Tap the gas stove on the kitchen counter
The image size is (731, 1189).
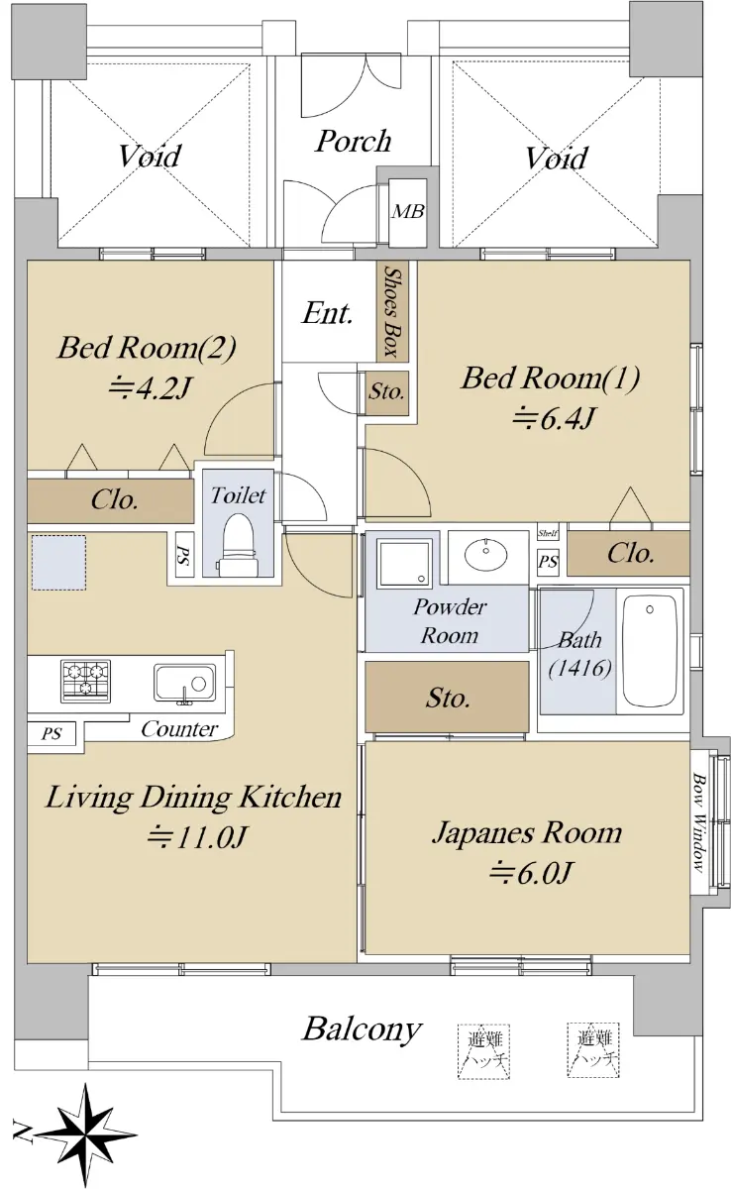(85, 681)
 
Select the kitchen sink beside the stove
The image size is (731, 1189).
(184, 684)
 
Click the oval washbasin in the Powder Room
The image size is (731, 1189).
(485, 555)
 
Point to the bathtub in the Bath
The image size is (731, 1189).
(650, 652)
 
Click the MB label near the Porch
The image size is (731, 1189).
(408, 212)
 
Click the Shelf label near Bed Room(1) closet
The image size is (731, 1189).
(548, 533)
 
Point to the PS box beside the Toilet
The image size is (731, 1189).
(184, 554)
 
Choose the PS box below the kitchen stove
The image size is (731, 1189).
(52, 734)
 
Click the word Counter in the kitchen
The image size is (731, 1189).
(179, 729)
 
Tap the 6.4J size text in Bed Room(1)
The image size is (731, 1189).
(553, 418)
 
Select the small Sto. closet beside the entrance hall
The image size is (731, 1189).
(386, 392)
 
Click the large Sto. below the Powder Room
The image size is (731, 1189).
(447, 697)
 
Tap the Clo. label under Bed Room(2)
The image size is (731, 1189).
(115, 499)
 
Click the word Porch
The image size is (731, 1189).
(354, 141)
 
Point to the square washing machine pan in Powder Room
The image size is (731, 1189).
(404, 563)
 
